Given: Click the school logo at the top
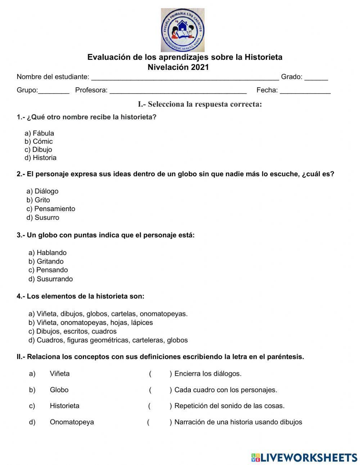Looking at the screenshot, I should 183,30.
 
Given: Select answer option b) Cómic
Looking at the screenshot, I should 39,141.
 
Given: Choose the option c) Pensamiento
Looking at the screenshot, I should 51,209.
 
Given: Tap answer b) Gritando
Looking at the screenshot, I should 46,261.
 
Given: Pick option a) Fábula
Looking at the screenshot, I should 39,133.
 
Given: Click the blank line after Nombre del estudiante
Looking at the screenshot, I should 185,77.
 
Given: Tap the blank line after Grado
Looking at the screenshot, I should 316,77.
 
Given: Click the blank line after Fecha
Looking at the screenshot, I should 305,91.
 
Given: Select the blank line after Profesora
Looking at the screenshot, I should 178,91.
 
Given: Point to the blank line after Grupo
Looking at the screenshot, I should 54,91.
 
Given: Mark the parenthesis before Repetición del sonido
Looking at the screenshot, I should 160,406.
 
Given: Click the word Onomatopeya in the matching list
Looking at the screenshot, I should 72,422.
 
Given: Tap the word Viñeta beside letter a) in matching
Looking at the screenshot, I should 60,374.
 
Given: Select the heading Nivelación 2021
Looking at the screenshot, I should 178,67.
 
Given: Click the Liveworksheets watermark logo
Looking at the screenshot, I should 304,457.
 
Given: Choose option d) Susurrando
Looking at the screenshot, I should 50,279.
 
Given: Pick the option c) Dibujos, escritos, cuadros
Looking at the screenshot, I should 72,331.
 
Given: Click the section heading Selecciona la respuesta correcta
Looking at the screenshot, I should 200,104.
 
